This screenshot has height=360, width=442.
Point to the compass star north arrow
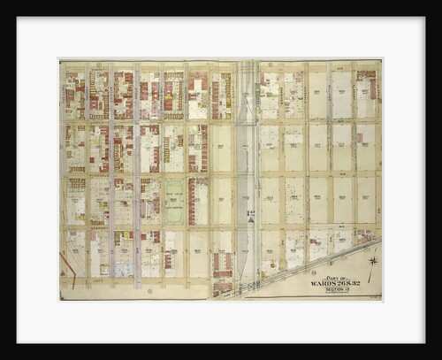click(x=373, y=260)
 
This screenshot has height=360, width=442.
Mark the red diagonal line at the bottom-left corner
click(x=67, y=264)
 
